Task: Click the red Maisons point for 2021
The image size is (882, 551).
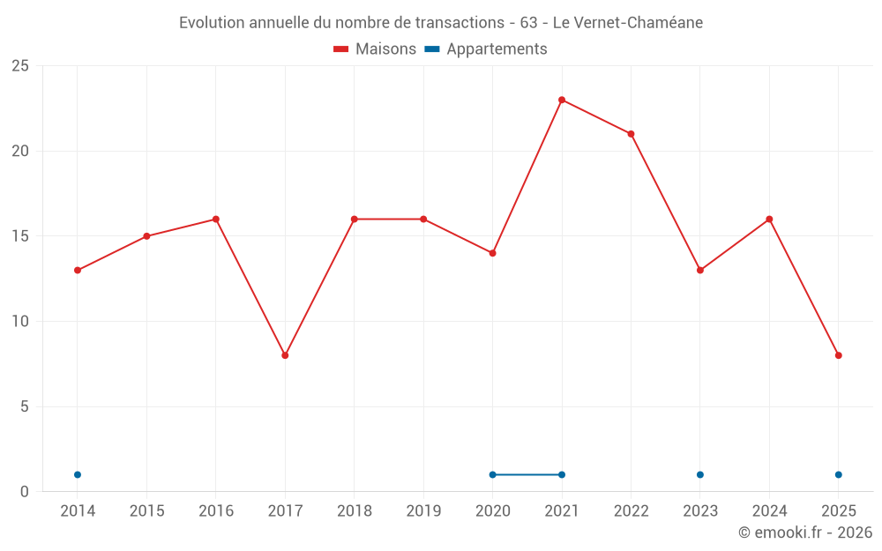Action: point(562,100)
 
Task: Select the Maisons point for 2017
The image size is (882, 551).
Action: point(285,355)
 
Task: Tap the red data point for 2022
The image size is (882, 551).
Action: point(631,134)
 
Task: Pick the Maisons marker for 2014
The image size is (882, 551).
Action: point(78,270)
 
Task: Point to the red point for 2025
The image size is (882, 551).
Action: point(839,355)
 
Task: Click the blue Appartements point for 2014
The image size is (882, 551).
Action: point(78,474)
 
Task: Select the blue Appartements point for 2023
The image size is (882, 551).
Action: point(700,474)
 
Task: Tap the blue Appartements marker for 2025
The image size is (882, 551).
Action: point(839,474)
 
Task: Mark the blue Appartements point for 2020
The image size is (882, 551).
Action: point(492,474)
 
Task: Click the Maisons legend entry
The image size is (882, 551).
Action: point(375,49)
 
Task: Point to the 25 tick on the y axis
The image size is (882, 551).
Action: point(20,66)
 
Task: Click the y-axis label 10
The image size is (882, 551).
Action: point(20,321)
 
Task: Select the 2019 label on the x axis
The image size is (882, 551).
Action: point(423,510)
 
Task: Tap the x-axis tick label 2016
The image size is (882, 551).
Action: point(216,510)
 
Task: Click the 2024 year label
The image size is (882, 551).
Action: point(769,510)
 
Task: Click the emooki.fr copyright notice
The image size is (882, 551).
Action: point(804,532)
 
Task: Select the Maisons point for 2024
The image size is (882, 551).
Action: point(769,219)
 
